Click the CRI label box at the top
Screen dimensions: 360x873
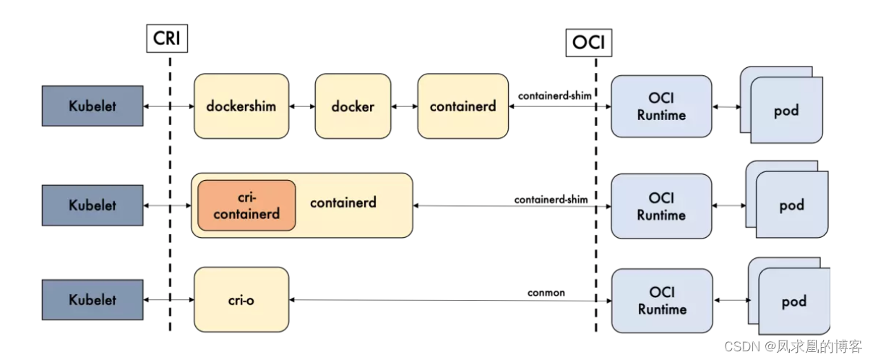tap(167, 38)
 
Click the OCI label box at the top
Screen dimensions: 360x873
tap(588, 43)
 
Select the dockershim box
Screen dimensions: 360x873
tap(240, 106)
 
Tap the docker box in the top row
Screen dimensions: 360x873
tap(353, 106)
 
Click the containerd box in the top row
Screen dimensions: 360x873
tap(463, 106)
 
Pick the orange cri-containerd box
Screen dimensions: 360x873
tap(246, 205)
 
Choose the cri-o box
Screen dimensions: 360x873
tap(241, 299)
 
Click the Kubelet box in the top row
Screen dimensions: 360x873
tap(92, 106)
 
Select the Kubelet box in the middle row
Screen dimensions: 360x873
tap(92, 205)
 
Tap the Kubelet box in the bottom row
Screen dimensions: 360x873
tap(92, 299)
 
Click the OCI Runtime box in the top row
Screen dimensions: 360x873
tap(661, 106)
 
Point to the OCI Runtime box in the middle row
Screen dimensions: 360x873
tap(661, 206)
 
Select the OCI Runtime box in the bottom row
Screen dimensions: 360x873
tap(661, 300)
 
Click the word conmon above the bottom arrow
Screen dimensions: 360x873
tap(546, 293)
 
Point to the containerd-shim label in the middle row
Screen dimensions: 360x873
tap(551, 198)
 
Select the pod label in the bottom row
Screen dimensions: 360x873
tap(794, 301)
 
